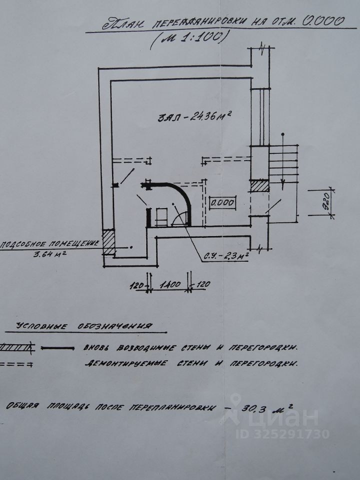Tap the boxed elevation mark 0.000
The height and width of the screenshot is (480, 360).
click(x=221, y=203)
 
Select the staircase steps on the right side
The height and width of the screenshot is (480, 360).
click(x=284, y=163)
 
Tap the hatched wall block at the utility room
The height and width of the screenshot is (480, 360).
click(x=108, y=242)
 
